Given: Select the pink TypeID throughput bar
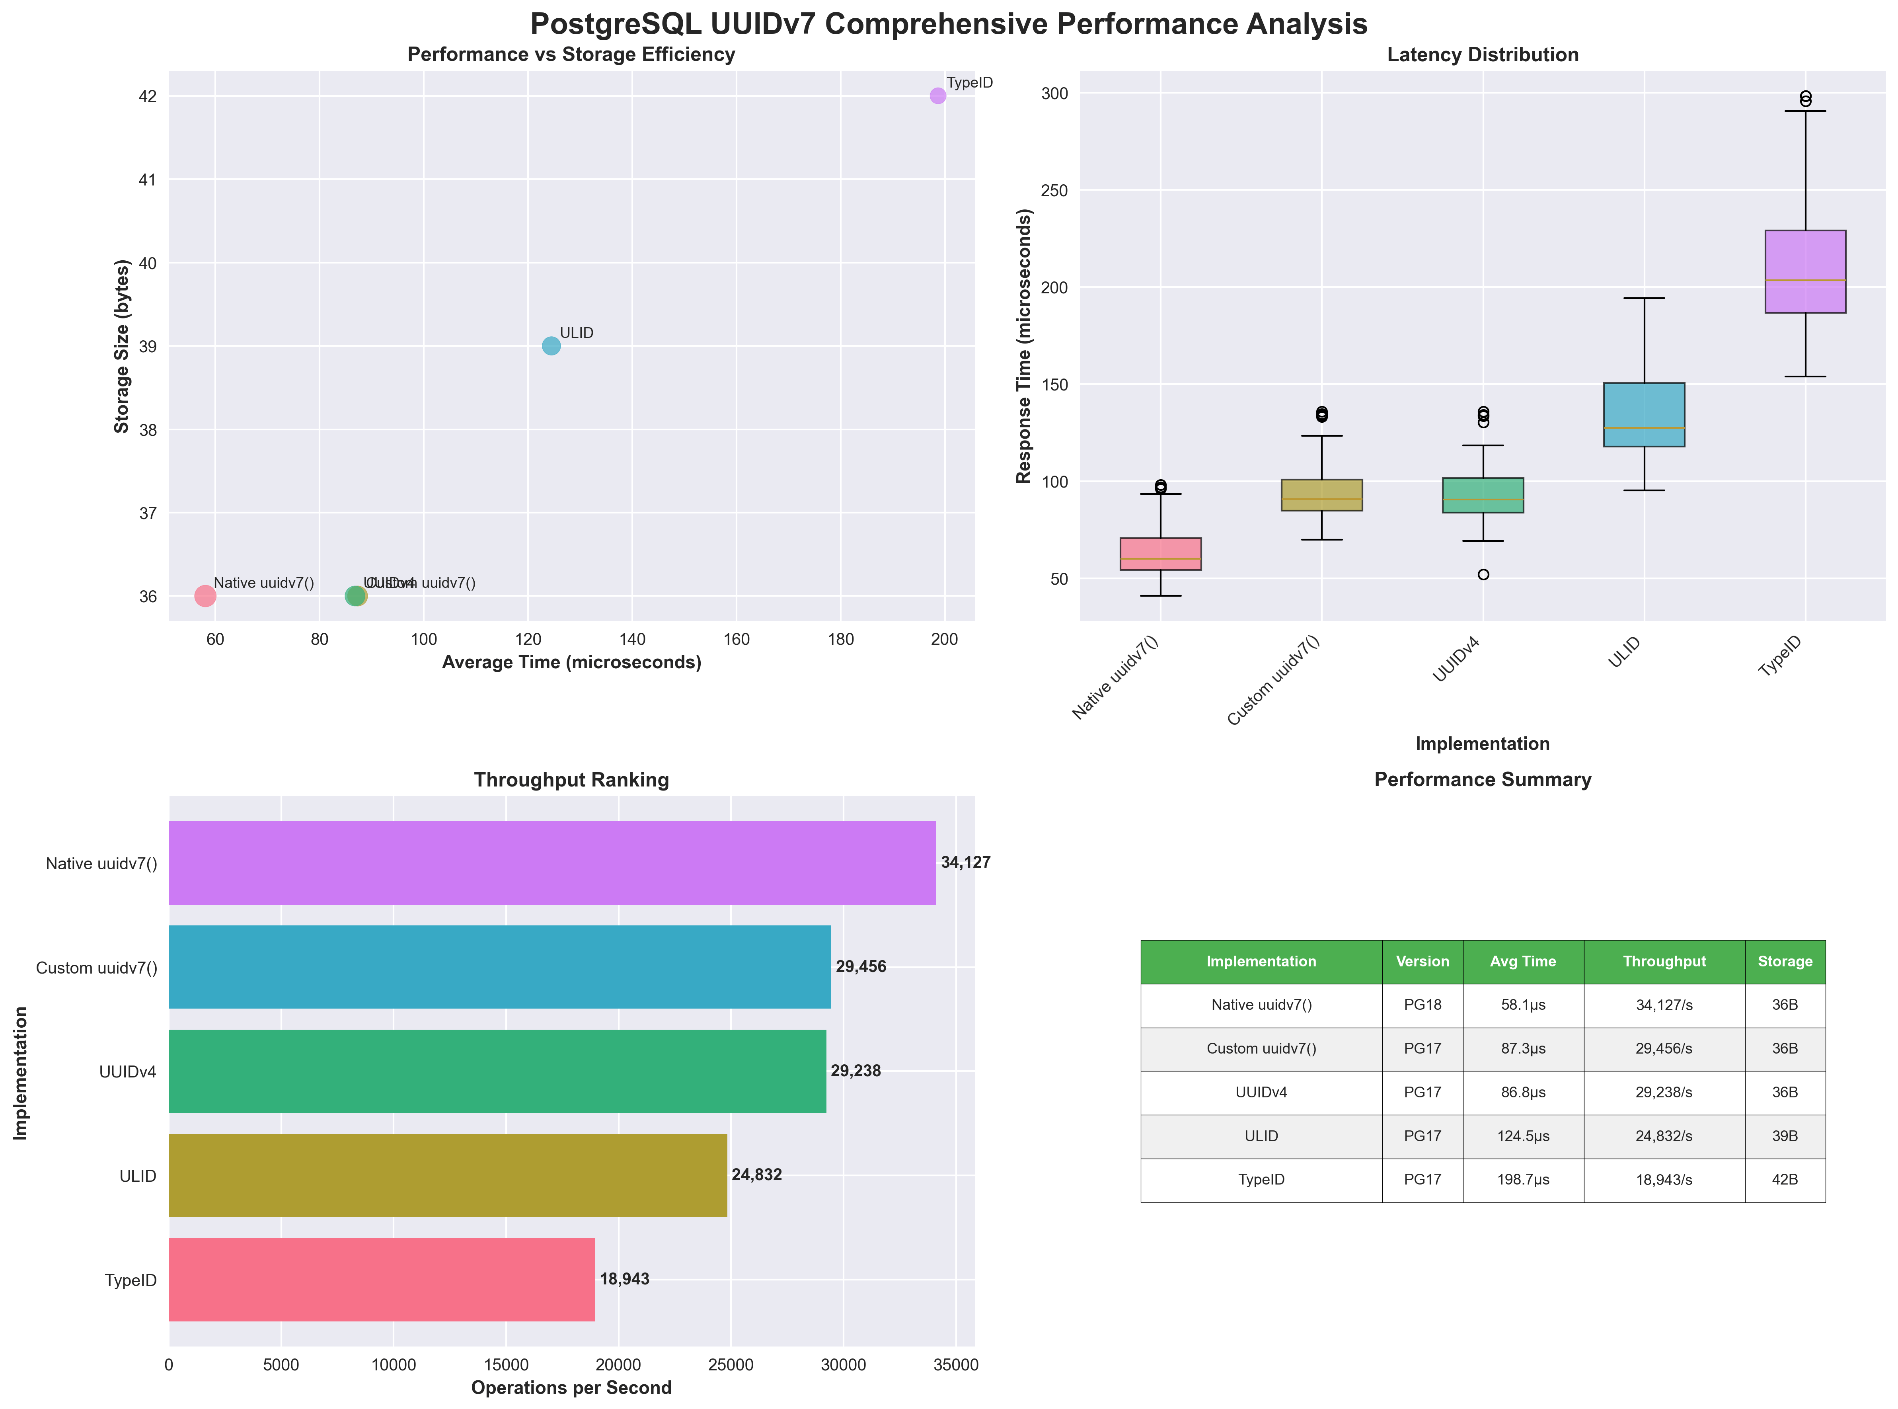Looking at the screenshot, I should point(381,1279).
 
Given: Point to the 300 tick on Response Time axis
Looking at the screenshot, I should point(1054,93).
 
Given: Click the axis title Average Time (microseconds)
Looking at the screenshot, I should point(571,663).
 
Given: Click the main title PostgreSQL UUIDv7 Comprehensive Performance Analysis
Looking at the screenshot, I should point(948,24).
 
